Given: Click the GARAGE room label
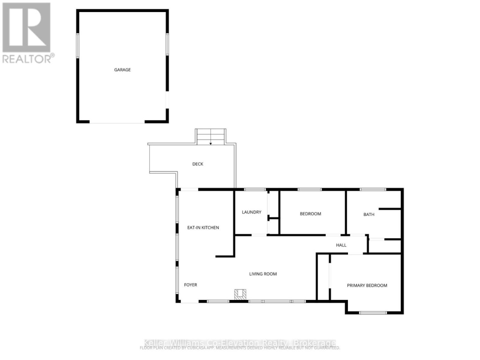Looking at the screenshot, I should tap(122, 70).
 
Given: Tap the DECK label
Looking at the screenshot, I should tap(198, 164).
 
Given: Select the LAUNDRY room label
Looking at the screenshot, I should tap(252, 212).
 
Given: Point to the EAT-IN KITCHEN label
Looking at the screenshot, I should tap(203, 228).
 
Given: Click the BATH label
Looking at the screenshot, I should tap(369, 214).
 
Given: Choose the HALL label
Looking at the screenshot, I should tap(341, 245).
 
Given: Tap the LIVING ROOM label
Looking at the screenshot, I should tap(263, 274).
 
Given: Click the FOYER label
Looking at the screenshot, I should tap(191, 285).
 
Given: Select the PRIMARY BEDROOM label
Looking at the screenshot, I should tap(367, 285).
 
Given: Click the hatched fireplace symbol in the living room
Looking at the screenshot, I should tap(240, 294).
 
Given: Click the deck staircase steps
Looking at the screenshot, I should tap(211, 136).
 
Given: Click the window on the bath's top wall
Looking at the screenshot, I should tap(373, 190).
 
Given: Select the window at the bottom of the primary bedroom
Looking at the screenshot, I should tap(373, 313).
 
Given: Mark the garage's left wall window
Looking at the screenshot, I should tap(78, 45).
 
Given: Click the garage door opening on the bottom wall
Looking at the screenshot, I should tap(117, 122).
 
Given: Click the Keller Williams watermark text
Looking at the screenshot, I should tap(240, 343).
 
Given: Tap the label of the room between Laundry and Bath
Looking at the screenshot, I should tap(310, 214).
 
